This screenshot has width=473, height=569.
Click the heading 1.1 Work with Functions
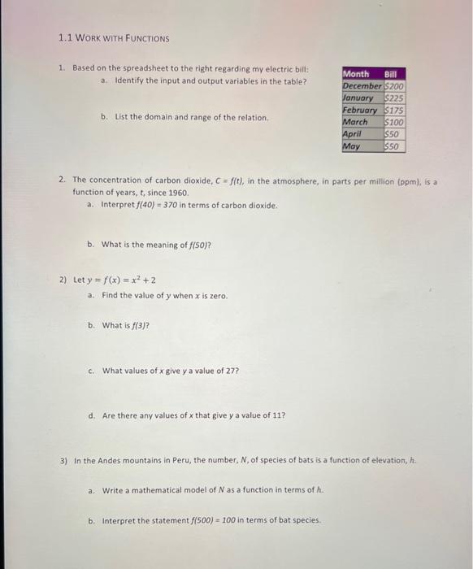click(114, 38)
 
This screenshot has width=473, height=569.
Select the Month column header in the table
click(357, 74)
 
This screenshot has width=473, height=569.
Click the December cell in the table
click(362, 86)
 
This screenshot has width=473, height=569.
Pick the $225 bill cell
click(393, 98)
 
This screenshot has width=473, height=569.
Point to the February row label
click(362, 111)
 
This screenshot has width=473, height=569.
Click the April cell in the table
click(353, 135)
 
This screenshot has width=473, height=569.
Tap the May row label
click(352, 147)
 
